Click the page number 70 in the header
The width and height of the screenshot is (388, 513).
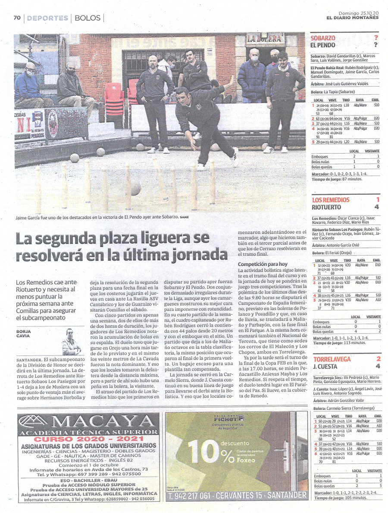coord(17,18)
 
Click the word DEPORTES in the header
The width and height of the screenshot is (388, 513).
coord(47,18)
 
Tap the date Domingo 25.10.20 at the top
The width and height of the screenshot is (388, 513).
coord(358,13)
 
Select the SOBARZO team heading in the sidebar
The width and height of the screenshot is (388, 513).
coord(323,38)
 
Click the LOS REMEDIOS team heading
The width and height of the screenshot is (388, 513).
coord(331,200)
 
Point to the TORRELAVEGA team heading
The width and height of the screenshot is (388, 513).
coord(332,359)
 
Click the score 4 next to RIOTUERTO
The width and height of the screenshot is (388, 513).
coord(378,207)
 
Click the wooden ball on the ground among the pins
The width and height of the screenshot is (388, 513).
coord(135,189)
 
